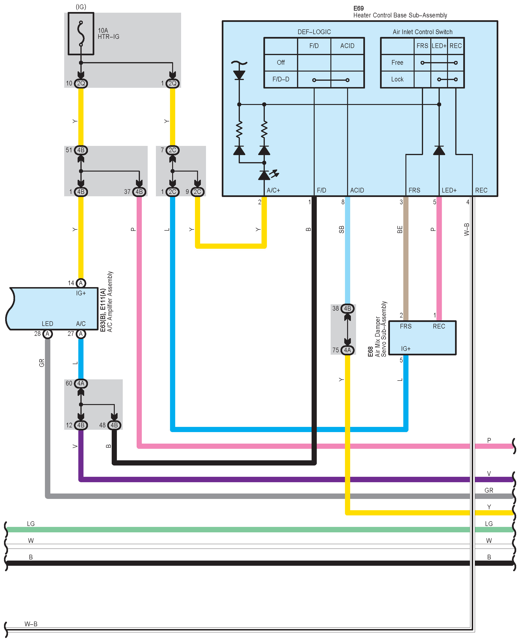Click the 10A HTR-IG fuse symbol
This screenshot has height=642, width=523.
(81, 33)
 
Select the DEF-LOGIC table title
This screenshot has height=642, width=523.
(314, 32)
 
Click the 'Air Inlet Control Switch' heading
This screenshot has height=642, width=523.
(422, 32)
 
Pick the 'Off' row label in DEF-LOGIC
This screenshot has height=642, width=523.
(281, 62)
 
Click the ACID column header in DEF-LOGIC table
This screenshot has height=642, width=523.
(347, 46)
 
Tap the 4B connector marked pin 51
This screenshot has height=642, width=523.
(81, 150)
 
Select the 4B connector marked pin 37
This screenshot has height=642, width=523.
(139, 192)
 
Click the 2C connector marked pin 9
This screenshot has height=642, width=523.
(197, 192)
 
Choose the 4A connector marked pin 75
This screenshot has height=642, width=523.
(347, 350)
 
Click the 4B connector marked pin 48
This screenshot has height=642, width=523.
(114, 425)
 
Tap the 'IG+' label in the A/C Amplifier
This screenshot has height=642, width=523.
(81, 293)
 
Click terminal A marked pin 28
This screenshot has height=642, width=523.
(47, 334)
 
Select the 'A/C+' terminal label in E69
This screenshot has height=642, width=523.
(273, 190)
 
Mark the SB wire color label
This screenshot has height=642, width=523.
(341, 229)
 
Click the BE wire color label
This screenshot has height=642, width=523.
(400, 229)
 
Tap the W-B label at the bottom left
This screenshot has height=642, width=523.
(31, 624)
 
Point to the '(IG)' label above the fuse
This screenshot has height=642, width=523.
(81, 7)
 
